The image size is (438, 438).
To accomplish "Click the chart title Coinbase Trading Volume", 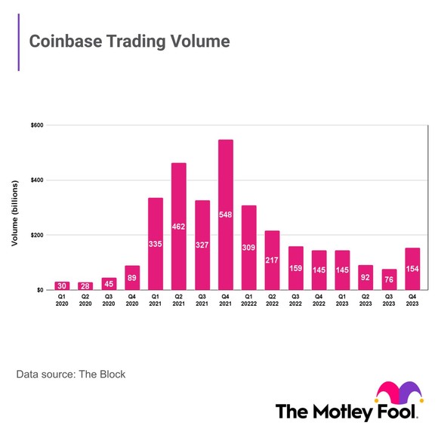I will [128, 41].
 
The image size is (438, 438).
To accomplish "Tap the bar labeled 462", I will [179, 226].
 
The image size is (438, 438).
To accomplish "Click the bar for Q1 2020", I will [62, 285].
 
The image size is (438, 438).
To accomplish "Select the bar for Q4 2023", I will [412, 269].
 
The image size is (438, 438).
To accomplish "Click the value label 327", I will [202, 267].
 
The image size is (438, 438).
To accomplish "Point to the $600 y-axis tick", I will [36, 125].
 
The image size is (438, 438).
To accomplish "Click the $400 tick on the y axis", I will [36, 180].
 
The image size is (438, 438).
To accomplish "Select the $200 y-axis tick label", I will [36, 236].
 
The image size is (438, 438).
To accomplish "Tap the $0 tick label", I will [39, 290].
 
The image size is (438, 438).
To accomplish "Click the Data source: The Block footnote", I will [71, 374].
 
